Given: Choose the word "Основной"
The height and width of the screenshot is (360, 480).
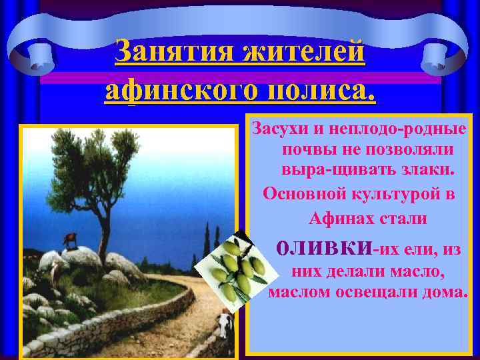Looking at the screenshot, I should tap(301, 194).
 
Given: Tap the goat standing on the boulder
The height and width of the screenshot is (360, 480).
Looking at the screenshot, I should tap(69, 241).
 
